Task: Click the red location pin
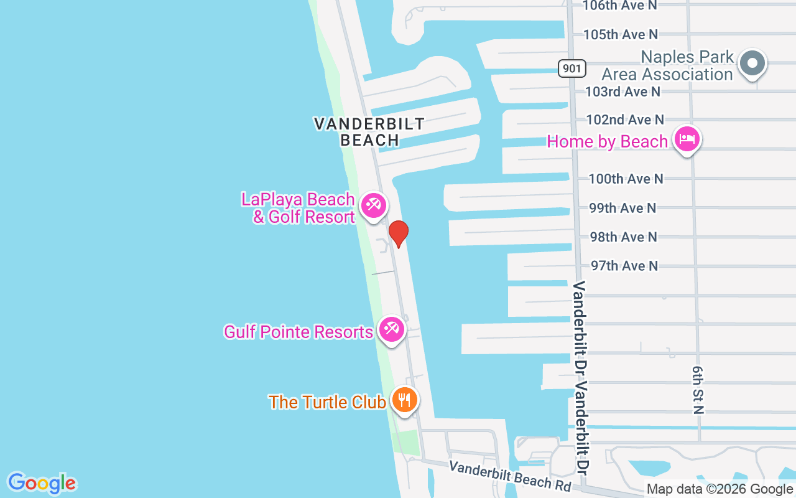(398, 233)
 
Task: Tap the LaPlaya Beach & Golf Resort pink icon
(373, 205)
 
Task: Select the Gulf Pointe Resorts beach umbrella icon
(391, 329)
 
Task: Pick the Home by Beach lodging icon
(687, 139)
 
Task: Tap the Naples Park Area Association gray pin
(752, 63)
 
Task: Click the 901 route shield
(572, 68)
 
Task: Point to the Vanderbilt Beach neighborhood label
(369, 131)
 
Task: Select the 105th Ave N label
(621, 34)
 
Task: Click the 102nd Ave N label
(625, 120)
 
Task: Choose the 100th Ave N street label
(626, 179)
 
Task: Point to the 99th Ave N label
(622, 208)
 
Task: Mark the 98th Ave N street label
(623, 237)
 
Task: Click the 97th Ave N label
(624, 266)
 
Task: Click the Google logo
(42, 483)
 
